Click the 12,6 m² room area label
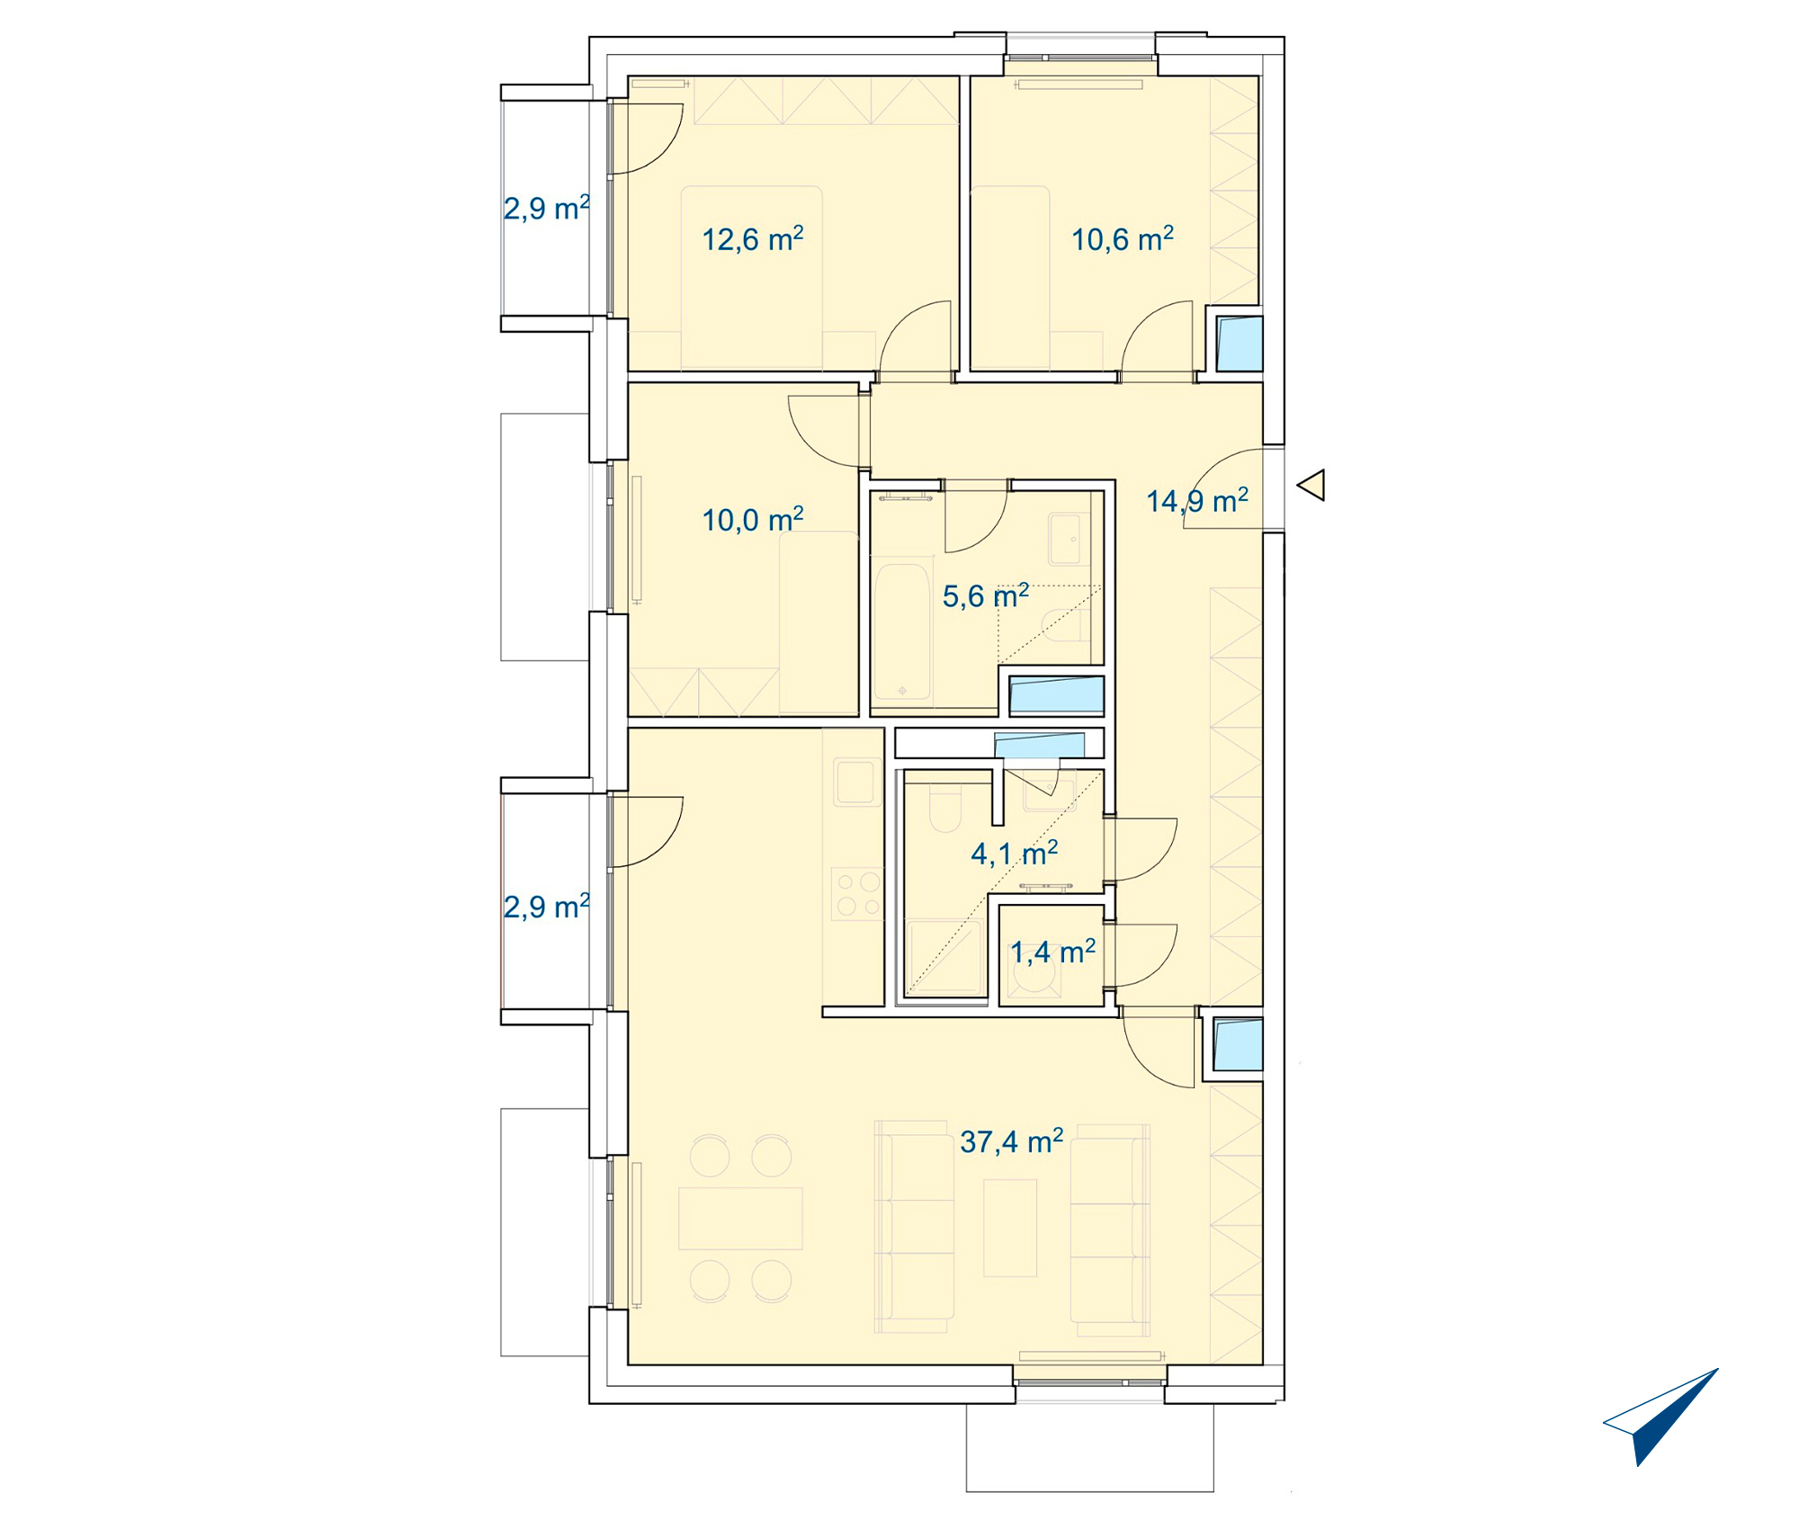752,239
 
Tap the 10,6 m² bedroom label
1123,239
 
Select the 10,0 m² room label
752,520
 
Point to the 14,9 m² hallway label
1197,501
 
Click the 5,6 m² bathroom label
986,595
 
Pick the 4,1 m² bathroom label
1014,853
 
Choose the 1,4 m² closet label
1052,952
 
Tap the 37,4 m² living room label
1011,1141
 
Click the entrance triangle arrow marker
1311,485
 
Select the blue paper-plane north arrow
1660,1417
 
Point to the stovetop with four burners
857,893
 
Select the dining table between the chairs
740,1219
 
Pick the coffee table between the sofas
1010,1229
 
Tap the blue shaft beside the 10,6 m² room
1240,344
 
